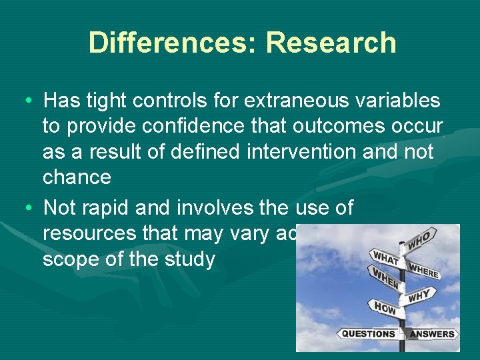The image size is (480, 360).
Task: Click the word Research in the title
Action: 331,43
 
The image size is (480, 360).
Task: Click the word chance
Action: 77,177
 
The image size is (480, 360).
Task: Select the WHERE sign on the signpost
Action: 425,271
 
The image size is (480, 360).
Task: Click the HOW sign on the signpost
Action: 385,307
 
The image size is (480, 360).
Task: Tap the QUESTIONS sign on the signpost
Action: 369,333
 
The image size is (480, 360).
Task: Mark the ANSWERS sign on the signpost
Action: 432,333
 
